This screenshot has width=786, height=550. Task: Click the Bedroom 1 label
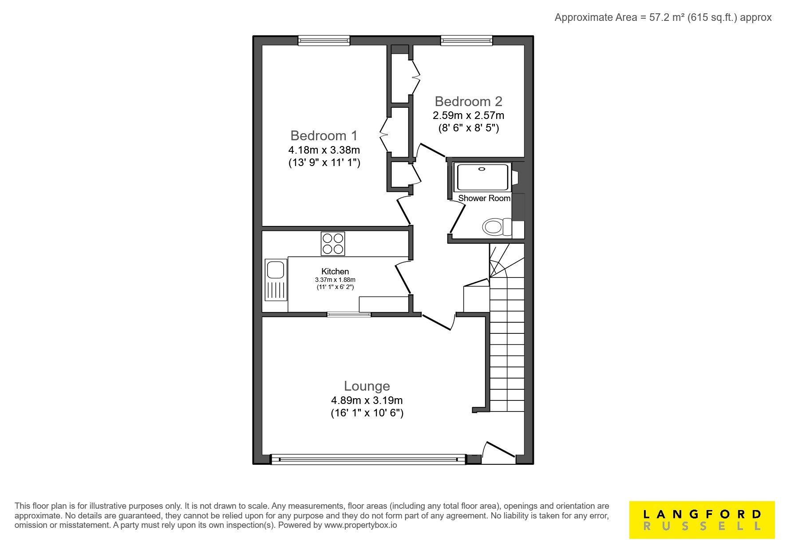pyautogui.click(x=324, y=135)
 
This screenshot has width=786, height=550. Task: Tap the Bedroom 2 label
pyautogui.click(x=468, y=101)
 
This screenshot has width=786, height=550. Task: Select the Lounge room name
pyautogui.click(x=367, y=386)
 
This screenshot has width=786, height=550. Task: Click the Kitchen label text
pyautogui.click(x=335, y=271)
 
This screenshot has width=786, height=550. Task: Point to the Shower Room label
pyautogui.click(x=484, y=198)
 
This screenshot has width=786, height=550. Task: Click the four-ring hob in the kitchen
pyautogui.click(x=333, y=244)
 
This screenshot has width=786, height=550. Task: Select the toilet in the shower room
pyautogui.click(x=497, y=227)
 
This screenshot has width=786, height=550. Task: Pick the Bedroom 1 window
pyautogui.click(x=324, y=41)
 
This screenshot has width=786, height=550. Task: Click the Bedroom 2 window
pyautogui.click(x=466, y=41)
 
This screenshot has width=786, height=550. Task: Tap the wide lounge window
pyautogui.click(x=368, y=459)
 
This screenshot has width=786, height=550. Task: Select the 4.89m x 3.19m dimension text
pyautogui.click(x=367, y=400)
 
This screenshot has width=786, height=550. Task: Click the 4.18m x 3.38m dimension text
pyautogui.click(x=324, y=150)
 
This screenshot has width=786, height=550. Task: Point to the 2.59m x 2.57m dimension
pyautogui.click(x=468, y=115)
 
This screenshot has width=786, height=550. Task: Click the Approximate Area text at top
pyautogui.click(x=663, y=17)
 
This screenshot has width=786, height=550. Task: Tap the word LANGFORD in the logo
pyautogui.click(x=702, y=514)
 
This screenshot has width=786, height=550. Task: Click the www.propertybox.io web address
pyautogui.click(x=361, y=525)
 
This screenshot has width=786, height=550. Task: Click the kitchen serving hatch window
pyautogui.click(x=349, y=314)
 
